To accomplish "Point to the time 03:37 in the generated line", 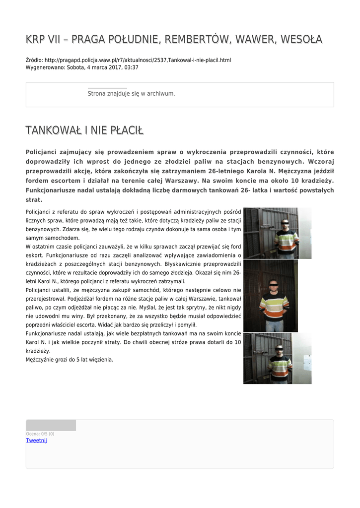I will click(x=132, y=67).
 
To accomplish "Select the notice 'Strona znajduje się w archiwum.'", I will click(x=131, y=93).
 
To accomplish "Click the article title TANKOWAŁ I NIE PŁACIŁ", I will click(x=84, y=130).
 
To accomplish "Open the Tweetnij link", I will click(x=36, y=441).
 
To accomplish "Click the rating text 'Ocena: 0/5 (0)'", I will click(x=40, y=434).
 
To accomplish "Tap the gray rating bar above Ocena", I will click(x=51, y=425).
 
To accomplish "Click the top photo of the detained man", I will click(x=277, y=233).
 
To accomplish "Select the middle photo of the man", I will click(x=271, y=296).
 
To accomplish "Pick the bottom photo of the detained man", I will click(x=277, y=358).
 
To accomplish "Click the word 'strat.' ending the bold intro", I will click(x=34, y=200).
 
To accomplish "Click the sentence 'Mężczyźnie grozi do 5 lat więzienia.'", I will click(x=70, y=359).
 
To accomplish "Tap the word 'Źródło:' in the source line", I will click(x=34, y=60).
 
